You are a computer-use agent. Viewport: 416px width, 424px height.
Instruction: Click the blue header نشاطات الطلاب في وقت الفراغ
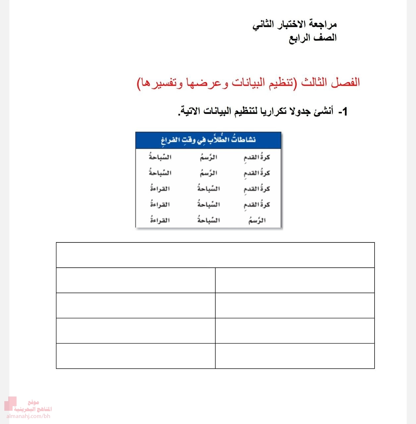click(x=208, y=140)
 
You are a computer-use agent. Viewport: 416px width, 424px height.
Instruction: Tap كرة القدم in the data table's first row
click(x=257, y=157)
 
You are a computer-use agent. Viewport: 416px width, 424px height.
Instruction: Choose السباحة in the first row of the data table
click(x=160, y=157)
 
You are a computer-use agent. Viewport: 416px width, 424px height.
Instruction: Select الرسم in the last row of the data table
click(x=257, y=220)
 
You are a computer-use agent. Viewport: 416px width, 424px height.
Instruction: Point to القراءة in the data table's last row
click(x=160, y=220)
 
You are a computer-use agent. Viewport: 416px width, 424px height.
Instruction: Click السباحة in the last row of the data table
click(x=209, y=220)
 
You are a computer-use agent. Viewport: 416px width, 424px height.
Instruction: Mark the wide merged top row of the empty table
click(x=215, y=255)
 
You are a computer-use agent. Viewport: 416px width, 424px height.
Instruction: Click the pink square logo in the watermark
click(x=10, y=404)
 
